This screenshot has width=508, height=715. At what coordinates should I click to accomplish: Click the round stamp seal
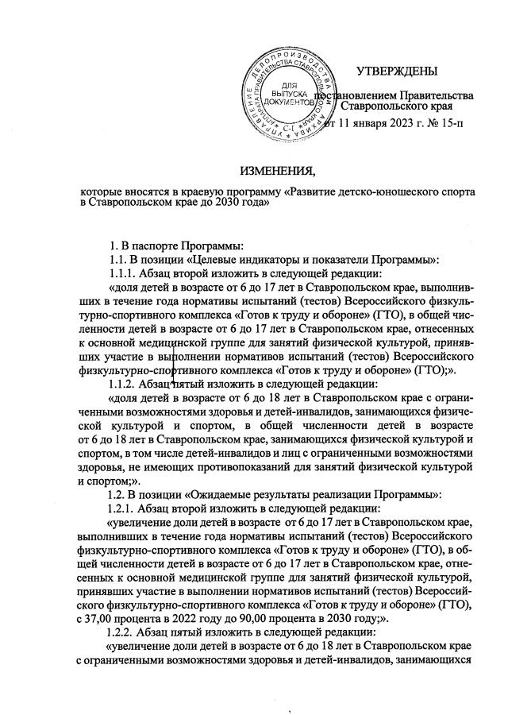(x=287, y=88)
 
